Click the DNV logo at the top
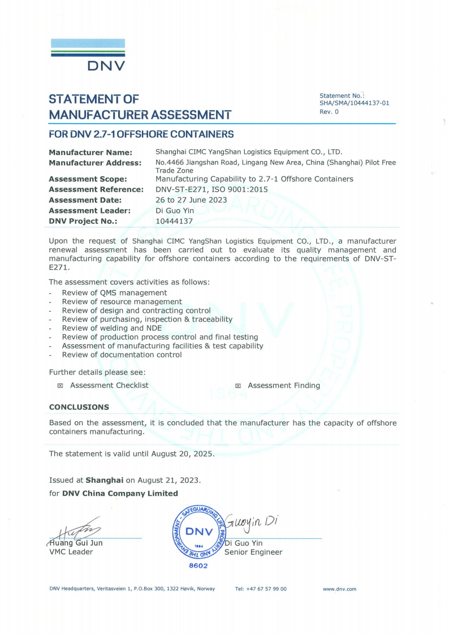pos(88,55)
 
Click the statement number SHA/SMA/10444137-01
pos(354,103)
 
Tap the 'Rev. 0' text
pos(329,111)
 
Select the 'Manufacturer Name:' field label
pos(90,152)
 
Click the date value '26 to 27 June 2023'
pos(191,200)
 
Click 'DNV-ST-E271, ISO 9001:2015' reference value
pos(211,189)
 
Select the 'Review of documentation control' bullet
pos(122,355)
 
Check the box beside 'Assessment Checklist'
pos(60,386)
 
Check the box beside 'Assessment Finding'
pos(238,386)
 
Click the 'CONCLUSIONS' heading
pos(79,407)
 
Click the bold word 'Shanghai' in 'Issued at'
pos(104,480)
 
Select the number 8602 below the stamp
pos(198,565)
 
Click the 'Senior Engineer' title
pos(253,552)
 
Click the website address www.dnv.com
pos(339,589)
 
